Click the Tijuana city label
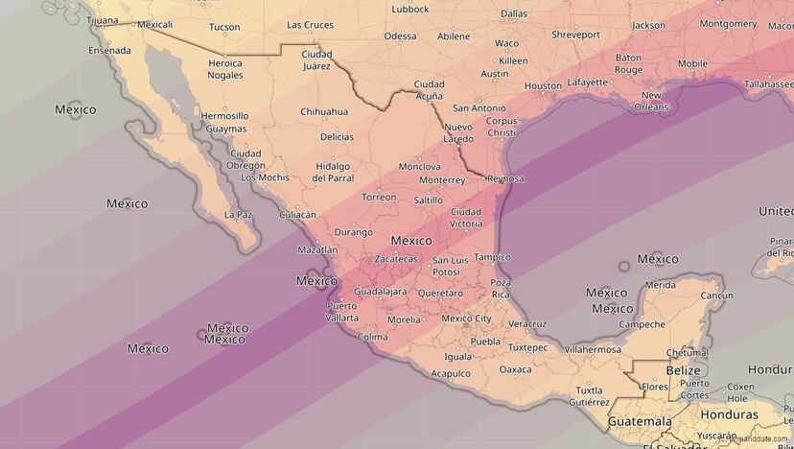pos(103,20)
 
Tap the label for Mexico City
pos(466,319)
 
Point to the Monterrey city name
pos(442,180)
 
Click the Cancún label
pos(716,295)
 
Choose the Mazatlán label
pos(317,249)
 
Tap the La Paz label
pos(238,215)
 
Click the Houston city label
pos(543,86)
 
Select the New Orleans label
pos(652,101)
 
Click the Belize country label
pos(684,369)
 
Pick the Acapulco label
pos(451,373)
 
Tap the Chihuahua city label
pos(324,112)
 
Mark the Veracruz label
pos(527,324)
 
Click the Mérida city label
pos(660,285)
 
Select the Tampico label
pos(492,257)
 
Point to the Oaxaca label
pos(515,369)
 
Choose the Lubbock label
pos(410,10)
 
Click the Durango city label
pos(353,232)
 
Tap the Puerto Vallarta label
pos(341,312)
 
